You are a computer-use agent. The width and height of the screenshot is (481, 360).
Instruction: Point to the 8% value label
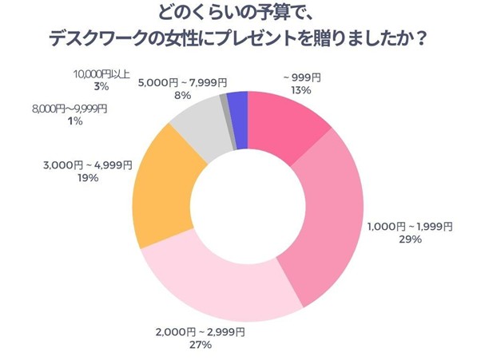coord(183,94)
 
